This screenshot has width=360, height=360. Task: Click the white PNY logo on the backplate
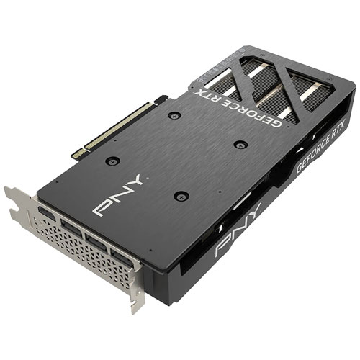119,195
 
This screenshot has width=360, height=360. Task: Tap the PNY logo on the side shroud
238,229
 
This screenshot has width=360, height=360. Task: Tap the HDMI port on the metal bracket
47,213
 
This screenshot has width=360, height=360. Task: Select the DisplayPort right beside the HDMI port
72,228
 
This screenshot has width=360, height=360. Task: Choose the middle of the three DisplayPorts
96,243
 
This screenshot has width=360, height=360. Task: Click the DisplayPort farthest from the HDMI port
122,258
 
